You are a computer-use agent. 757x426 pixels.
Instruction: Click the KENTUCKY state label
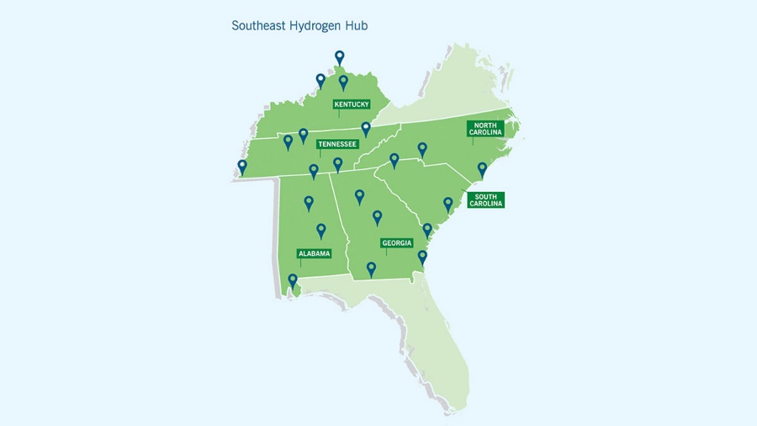coord(352,104)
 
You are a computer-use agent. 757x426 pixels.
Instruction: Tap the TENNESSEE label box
coord(337,144)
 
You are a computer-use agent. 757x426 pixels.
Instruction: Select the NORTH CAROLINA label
coord(484,129)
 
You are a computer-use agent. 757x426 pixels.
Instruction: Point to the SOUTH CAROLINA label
coord(485,200)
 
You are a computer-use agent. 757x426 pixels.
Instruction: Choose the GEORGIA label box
coord(397,243)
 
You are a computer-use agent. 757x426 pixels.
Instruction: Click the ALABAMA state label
coord(314,253)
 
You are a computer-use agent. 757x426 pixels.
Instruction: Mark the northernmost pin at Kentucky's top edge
coord(340,57)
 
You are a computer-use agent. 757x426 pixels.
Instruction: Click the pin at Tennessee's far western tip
coord(242,167)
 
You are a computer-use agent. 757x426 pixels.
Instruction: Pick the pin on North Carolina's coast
coord(482,169)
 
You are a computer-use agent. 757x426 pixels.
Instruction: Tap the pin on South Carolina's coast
coord(448,204)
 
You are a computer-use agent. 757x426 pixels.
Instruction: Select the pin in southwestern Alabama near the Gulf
coord(293,280)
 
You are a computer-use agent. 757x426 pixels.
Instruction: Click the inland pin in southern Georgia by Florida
coord(371,269)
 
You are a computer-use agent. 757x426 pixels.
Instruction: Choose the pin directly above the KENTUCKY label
coord(343,82)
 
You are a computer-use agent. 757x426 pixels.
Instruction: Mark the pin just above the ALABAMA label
coord(320,230)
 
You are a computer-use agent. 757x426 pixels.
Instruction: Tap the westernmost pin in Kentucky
coord(320,81)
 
